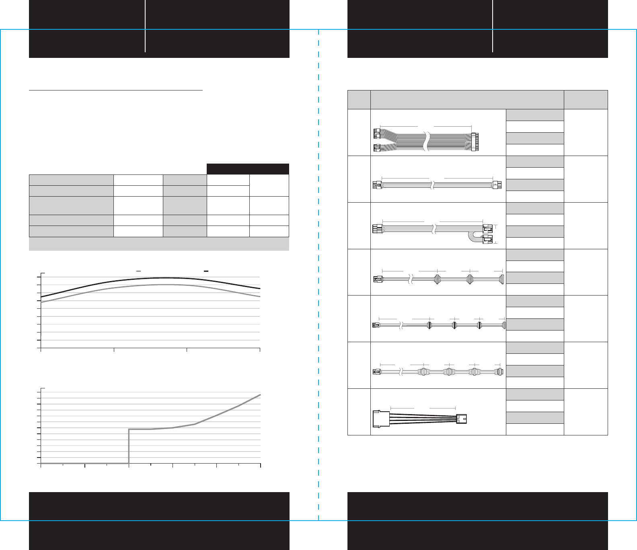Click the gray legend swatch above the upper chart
point(139,271)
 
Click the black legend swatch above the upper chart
point(206,271)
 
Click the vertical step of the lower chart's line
point(129,446)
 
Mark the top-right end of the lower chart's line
point(260,395)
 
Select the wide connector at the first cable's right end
point(475,142)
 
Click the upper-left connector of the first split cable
point(377,133)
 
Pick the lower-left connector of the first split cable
point(377,148)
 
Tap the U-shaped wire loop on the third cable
point(471,237)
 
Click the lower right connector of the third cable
point(487,241)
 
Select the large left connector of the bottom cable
point(381,419)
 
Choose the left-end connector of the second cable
point(377,185)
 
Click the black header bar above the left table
point(248,169)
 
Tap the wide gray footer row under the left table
point(159,244)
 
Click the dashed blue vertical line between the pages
point(318,281)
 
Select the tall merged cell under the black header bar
point(269,185)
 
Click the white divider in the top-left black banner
point(145,26)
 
